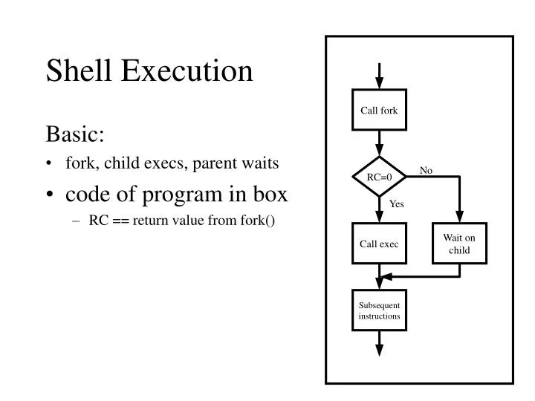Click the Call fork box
379,111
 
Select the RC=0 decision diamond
379,177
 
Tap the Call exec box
379,244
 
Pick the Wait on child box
459,244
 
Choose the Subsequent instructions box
379,310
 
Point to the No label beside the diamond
426,171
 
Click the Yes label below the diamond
397,204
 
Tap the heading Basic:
75,134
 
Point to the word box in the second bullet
270,194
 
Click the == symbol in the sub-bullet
120,221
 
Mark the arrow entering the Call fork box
379,77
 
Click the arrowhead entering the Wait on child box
459,218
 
